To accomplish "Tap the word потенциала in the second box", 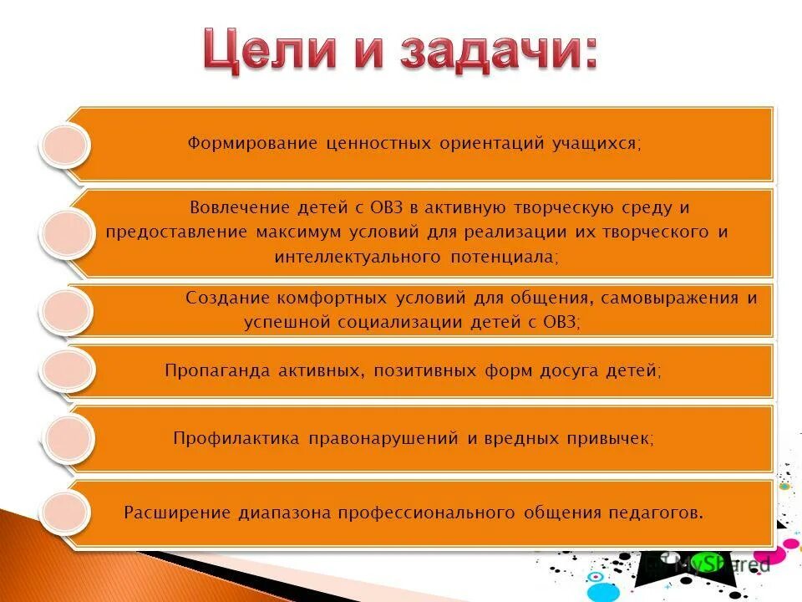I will tap(509, 257).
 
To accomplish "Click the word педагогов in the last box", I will tap(661, 513).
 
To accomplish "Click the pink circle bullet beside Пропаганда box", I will tap(65, 370).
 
